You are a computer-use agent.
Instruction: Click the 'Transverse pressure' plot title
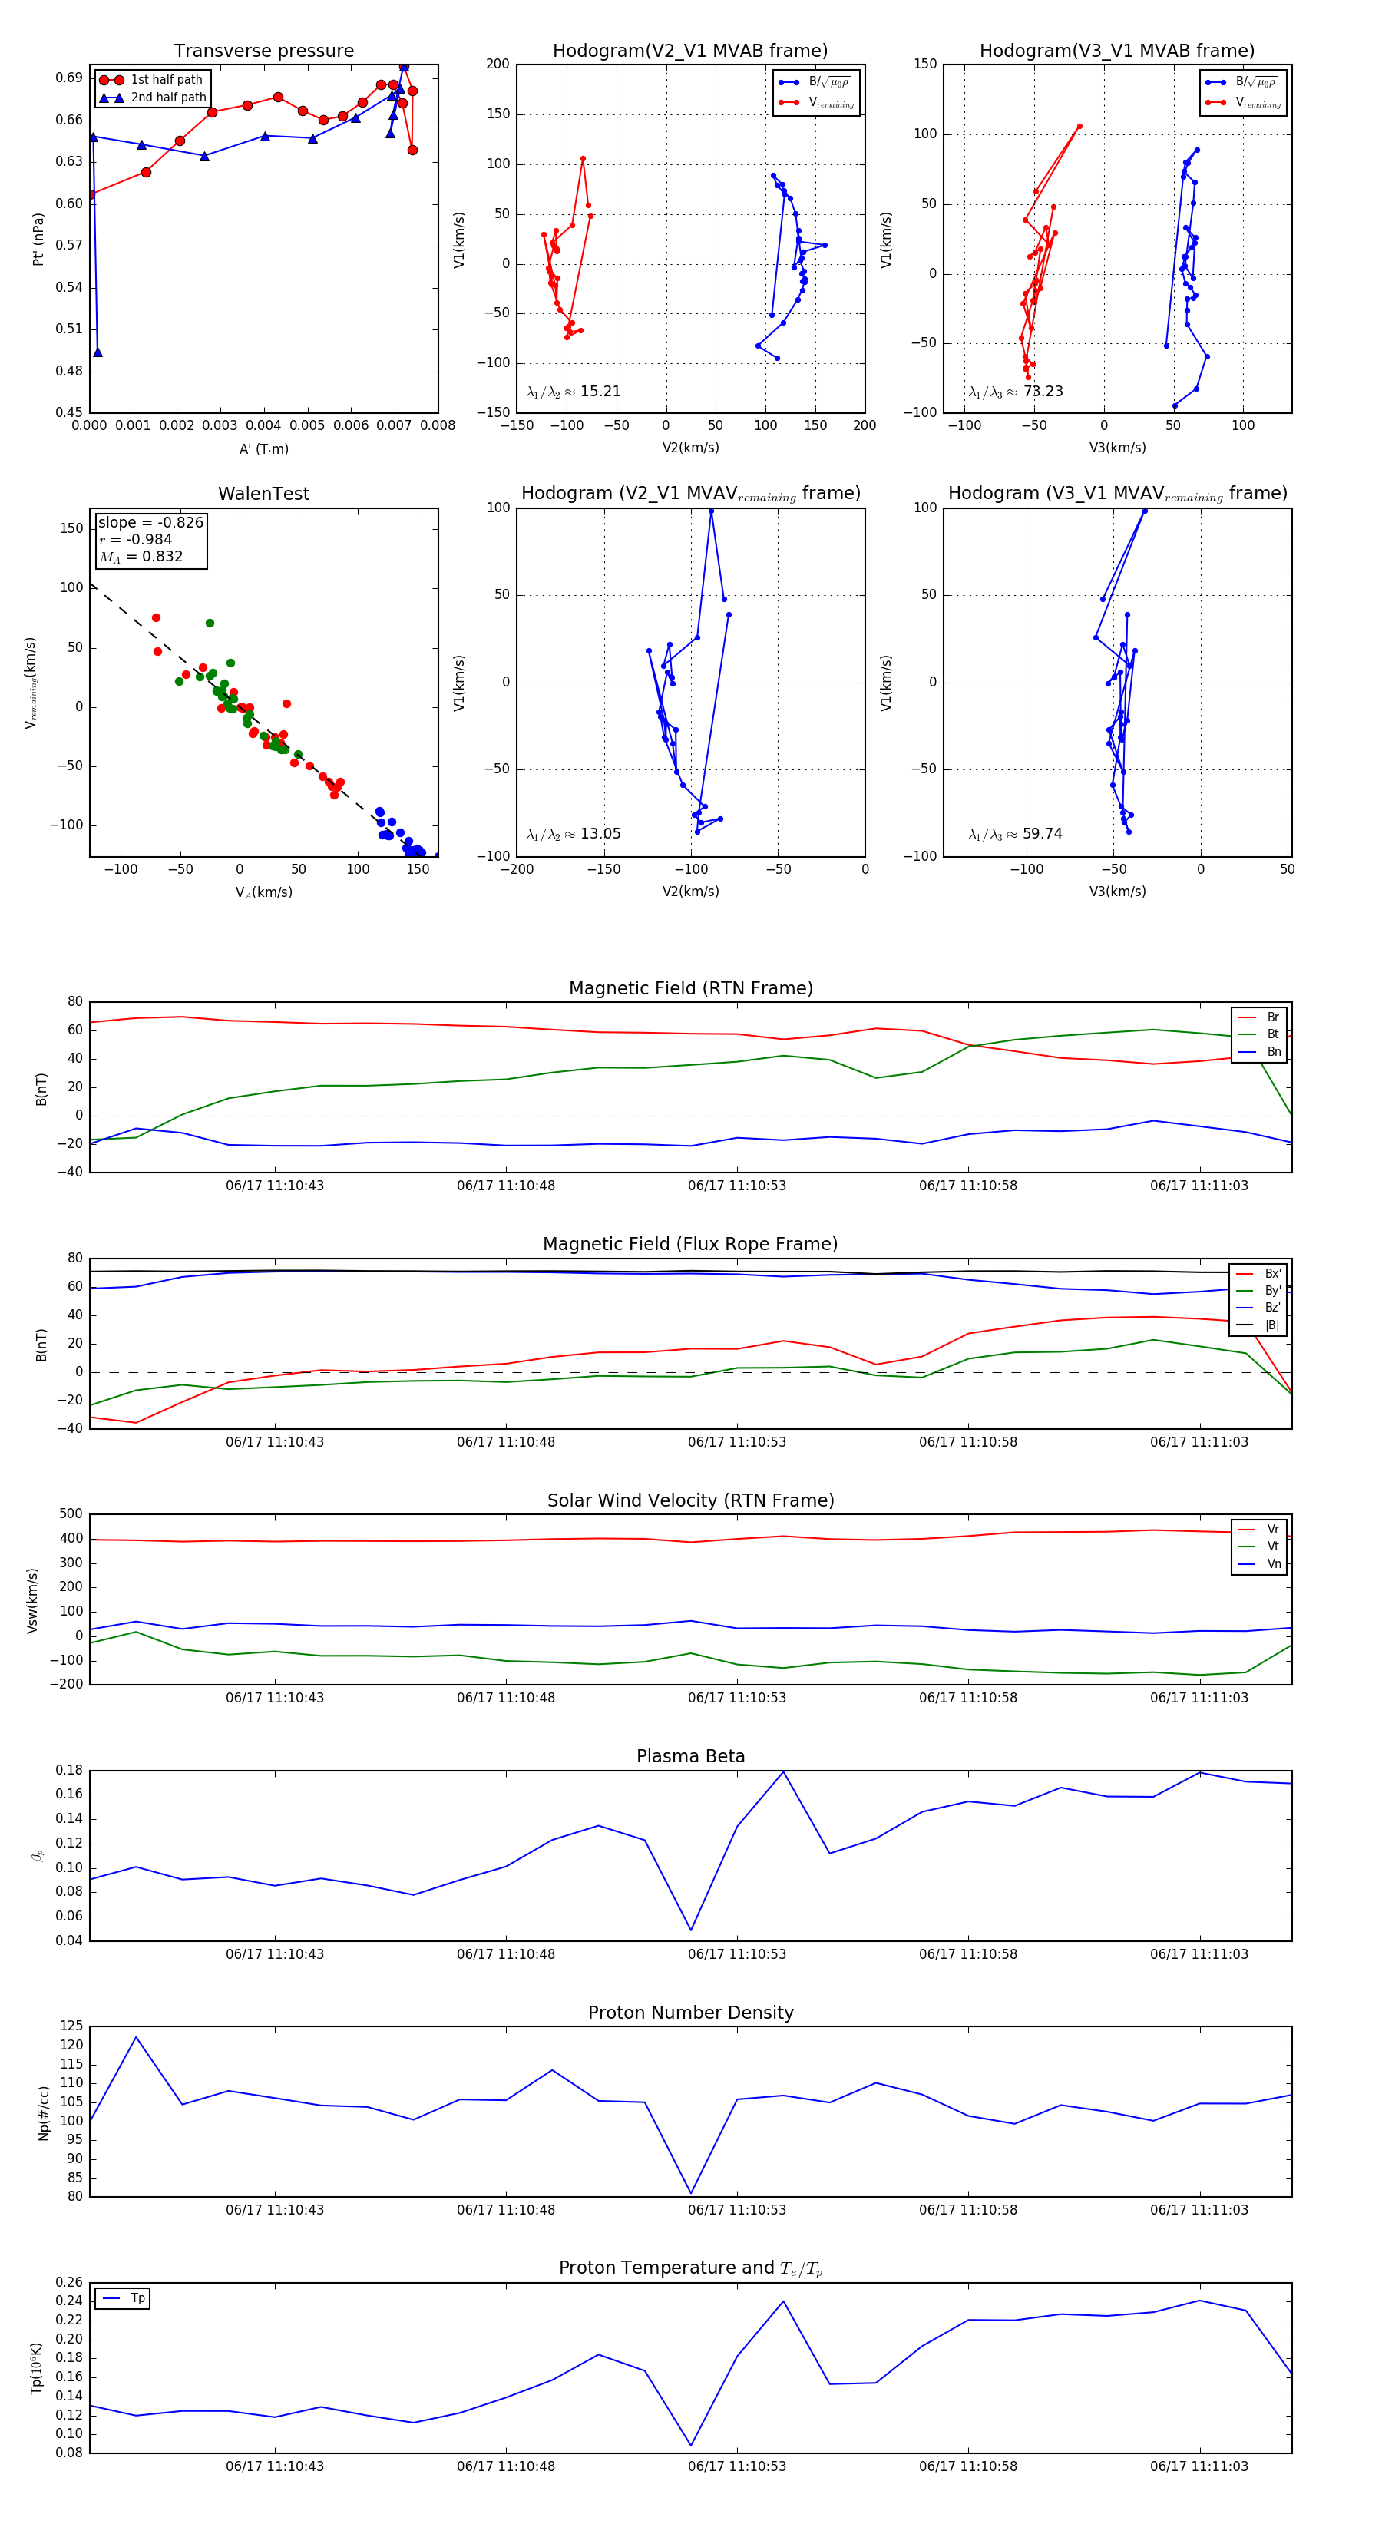(x=263, y=51)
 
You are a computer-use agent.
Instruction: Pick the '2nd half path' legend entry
(x=168, y=98)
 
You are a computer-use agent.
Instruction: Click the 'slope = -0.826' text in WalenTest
(x=150, y=522)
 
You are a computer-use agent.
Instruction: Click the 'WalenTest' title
(x=263, y=494)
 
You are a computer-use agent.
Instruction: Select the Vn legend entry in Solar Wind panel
(x=1273, y=1564)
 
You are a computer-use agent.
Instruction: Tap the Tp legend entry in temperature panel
(x=137, y=2299)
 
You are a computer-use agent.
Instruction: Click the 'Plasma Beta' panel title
(x=690, y=1757)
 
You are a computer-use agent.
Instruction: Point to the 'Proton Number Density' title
(x=690, y=2013)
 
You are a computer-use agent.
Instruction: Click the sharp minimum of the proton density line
(x=690, y=2192)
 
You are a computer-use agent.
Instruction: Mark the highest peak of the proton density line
(x=136, y=2037)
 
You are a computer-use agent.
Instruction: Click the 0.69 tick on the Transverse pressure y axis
(x=69, y=78)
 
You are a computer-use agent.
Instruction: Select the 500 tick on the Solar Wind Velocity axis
(x=71, y=1514)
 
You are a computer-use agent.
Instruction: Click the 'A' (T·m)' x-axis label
(x=263, y=449)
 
